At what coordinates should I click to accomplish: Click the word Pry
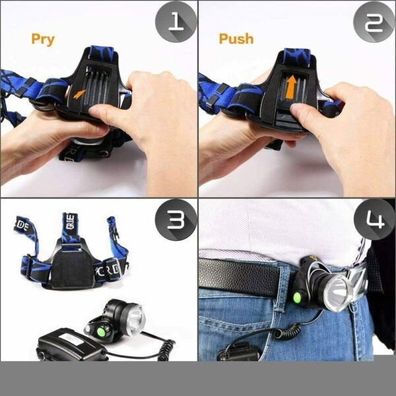click(42, 38)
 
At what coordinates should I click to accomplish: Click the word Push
click(236, 38)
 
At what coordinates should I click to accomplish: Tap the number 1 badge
click(176, 24)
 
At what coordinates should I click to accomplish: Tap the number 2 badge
click(374, 24)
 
